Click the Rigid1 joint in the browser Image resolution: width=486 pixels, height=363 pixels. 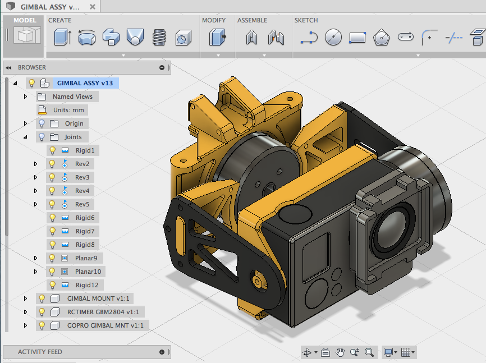pos(85,150)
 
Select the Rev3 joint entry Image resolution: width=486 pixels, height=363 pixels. pos(82,177)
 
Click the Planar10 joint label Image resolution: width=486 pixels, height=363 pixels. pos(89,272)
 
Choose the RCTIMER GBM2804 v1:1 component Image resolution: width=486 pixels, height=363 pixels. pos(103,312)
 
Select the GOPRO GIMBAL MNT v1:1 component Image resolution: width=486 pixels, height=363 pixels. pos(105,325)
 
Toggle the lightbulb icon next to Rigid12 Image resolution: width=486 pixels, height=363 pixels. pos(52,285)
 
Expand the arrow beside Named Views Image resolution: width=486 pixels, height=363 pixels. pos(25,97)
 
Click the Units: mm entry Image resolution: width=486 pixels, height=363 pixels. pos(68,110)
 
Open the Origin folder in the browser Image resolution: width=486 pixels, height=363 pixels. pos(74,123)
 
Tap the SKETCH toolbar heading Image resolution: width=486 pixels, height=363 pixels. pos(306,20)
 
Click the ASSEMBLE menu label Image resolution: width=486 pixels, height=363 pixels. pos(252,20)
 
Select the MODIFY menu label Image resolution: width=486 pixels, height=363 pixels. pos(214,20)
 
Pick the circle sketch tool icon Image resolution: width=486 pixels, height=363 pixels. pos(333,38)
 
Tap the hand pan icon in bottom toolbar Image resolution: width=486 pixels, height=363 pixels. pos(340,352)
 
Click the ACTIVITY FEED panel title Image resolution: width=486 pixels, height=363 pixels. pos(40,352)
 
